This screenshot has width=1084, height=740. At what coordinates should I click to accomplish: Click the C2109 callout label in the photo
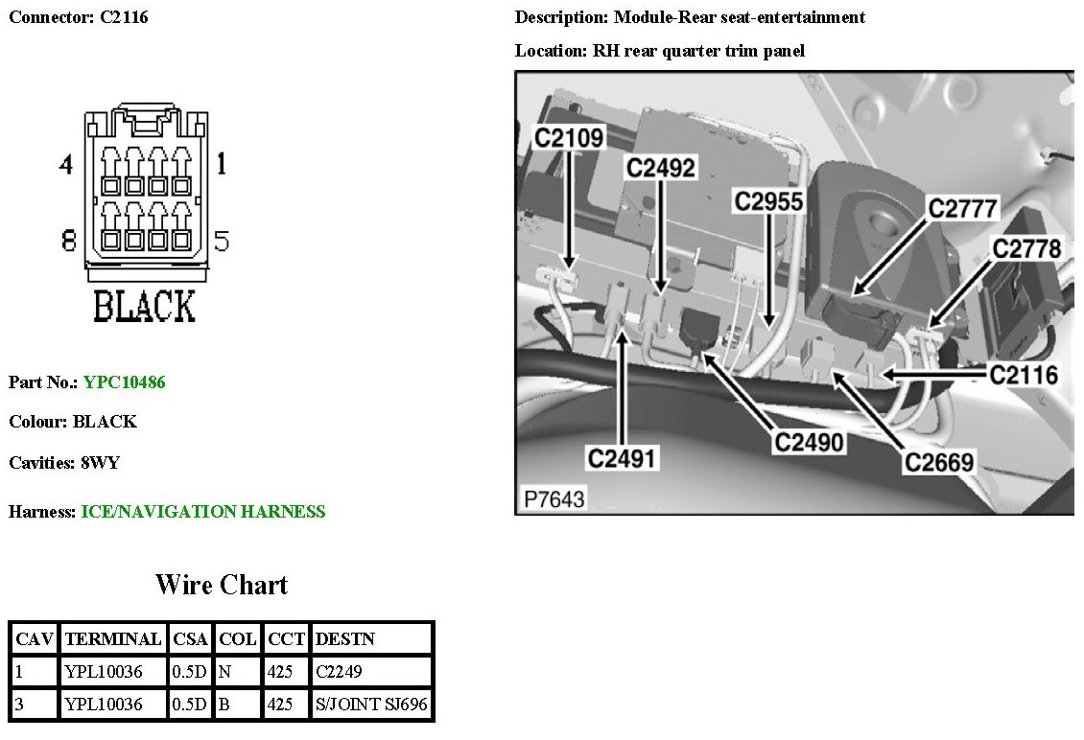point(569,138)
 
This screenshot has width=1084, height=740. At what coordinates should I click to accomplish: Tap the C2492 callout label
point(660,168)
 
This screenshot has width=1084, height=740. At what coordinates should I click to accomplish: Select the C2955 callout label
point(768,201)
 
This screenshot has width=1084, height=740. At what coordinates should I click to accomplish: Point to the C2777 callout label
point(962,208)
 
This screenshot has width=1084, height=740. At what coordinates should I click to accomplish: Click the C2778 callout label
point(1026,249)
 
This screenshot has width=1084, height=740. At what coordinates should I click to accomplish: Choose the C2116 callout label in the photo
point(1024,375)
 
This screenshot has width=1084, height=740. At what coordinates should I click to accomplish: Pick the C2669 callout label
point(939,462)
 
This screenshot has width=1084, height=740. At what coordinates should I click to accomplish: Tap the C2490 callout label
point(810,442)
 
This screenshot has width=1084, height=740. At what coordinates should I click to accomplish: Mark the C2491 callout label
point(622,458)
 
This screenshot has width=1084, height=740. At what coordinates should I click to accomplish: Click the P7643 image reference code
point(553,499)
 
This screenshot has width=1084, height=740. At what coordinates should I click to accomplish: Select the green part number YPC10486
point(124,382)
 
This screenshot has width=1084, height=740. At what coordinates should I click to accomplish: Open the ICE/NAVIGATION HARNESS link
point(203,512)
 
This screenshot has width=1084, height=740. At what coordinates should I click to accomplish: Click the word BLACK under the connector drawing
point(144,307)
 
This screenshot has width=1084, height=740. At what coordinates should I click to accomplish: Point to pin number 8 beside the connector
point(68,241)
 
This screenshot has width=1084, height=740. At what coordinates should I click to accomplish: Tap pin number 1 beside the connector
point(222,165)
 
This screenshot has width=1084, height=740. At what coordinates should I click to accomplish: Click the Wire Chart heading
point(222,585)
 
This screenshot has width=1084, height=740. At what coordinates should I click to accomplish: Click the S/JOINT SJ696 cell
point(371,705)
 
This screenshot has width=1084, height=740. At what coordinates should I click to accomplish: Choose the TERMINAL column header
point(112,638)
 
